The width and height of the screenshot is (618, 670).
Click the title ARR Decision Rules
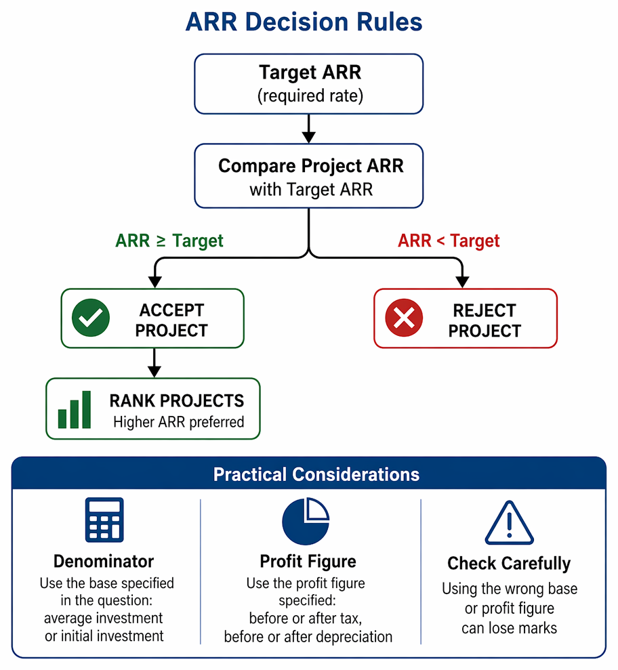coord(304,22)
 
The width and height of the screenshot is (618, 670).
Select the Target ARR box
coord(308,84)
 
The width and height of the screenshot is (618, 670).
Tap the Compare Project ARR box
coord(308,175)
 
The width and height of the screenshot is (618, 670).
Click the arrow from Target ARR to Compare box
coord(308,129)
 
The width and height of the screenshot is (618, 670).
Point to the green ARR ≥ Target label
coord(169,241)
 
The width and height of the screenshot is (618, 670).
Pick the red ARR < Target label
coord(449,241)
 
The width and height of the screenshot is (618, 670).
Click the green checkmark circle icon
coord(91,318)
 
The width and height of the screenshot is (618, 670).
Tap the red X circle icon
coord(404,318)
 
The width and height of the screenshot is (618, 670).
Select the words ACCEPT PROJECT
coord(171,320)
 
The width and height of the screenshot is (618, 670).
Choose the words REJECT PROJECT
coord(485,320)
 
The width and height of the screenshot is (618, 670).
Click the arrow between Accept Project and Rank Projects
coord(154,362)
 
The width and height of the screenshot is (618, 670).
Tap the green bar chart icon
coord(75,409)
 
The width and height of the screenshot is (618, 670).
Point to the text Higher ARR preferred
coord(179,422)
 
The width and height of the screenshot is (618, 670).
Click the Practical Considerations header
coord(316,474)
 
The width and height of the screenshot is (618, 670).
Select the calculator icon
coord(104,520)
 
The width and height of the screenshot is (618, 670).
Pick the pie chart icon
coord(306,521)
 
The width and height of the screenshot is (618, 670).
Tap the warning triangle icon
coord(510,522)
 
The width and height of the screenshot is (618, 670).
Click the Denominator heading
coord(104,562)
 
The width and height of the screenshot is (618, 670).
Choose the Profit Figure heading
coord(308,562)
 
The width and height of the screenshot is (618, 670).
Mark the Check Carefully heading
coord(509,564)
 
